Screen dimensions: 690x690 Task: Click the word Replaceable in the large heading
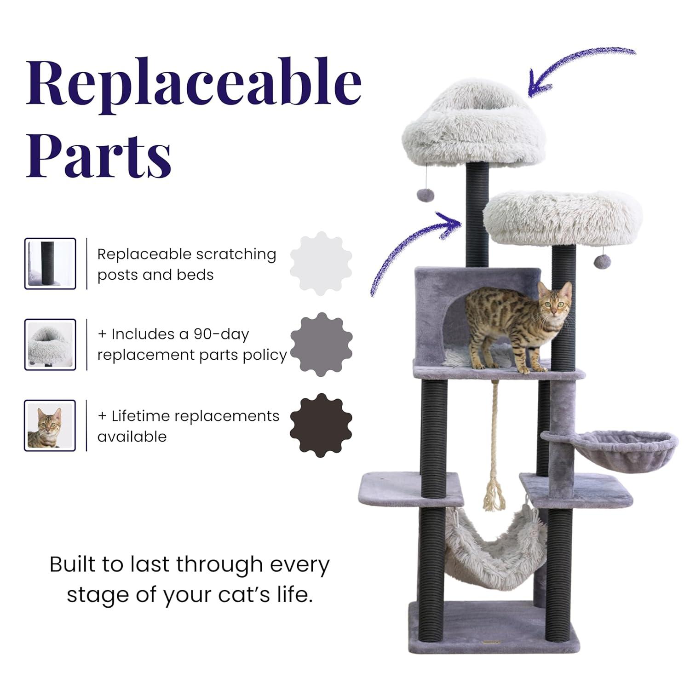[193, 83]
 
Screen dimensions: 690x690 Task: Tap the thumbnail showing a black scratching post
[50, 264]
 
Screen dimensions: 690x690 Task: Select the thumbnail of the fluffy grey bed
[50, 345]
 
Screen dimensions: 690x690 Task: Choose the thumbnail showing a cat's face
[50, 425]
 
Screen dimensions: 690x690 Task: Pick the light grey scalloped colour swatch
[321, 264]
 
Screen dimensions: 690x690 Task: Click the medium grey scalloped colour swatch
[321, 345]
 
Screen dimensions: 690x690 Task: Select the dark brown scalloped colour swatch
[321, 425]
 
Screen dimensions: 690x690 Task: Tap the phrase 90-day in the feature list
[221, 334]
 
